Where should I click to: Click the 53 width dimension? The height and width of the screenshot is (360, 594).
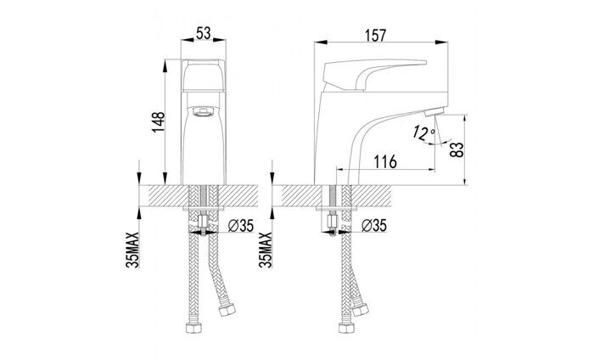tap(204, 33)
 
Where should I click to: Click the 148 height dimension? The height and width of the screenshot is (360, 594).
tap(159, 121)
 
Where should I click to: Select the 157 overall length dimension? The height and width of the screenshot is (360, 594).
tap(375, 36)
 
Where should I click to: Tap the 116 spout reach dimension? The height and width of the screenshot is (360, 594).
tap(385, 162)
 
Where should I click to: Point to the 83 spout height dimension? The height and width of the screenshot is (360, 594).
tap(457, 149)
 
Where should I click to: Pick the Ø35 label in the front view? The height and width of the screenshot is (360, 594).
tap(241, 226)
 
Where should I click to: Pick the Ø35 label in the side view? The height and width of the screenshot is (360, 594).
tap(374, 226)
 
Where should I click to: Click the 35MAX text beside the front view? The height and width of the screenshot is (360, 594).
tap(132, 250)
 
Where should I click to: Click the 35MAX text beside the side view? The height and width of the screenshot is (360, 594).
tap(266, 250)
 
